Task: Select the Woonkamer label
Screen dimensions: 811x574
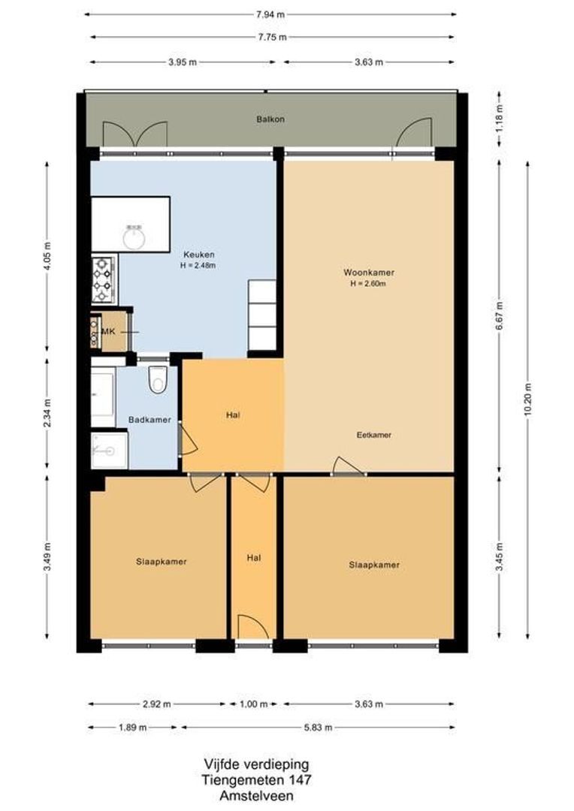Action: pyautogui.click(x=368, y=273)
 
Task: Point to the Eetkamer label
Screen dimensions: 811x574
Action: pyautogui.click(x=373, y=435)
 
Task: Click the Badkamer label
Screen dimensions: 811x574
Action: pyautogui.click(x=150, y=420)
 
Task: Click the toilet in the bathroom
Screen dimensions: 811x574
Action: pyautogui.click(x=158, y=381)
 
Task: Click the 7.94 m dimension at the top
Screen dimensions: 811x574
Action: pyautogui.click(x=270, y=14)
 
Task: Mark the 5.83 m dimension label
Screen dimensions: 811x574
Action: pyautogui.click(x=318, y=728)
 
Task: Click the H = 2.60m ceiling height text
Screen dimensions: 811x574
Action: pyautogui.click(x=368, y=284)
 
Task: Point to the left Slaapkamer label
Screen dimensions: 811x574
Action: pyautogui.click(x=162, y=561)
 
